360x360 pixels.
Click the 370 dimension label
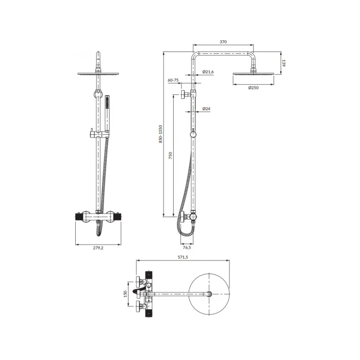(x=223, y=42)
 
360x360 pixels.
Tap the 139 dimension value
(x=284, y=63)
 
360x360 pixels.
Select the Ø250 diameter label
(x=253, y=88)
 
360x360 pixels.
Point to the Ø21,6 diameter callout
(x=208, y=72)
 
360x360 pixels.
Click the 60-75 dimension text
(x=173, y=80)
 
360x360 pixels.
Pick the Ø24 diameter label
(x=206, y=109)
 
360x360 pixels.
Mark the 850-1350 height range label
(x=161, y=134)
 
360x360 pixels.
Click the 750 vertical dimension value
(x=170, y=156)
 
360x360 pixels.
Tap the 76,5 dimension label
(x=186, y=248)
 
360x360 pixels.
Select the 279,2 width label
(x=98, y=248)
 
